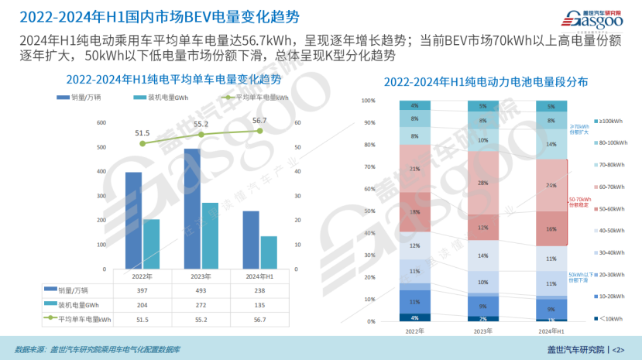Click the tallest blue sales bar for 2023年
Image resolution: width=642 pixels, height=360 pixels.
tap(192, 209)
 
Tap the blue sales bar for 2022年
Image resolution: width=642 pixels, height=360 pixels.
tap(133, 221)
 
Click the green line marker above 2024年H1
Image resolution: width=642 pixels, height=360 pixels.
tap(259, 131)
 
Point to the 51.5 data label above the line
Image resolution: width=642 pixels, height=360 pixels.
tap(142, 133)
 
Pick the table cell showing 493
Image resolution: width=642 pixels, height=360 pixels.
tap(201, 290)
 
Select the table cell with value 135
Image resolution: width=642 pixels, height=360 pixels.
tap(259, 304)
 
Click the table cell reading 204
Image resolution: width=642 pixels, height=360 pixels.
tap(141, 304)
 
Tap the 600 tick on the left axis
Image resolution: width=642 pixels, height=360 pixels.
tap(101, 123)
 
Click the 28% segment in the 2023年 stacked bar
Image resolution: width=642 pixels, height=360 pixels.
tap(482, 183)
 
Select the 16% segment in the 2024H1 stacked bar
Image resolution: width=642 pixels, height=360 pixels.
tap(551, 229)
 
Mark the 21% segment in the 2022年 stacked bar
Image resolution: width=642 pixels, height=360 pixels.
tap(415, 169)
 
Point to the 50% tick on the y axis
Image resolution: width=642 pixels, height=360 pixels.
tap(369, 211)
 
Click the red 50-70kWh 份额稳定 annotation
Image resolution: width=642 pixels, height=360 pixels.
tap(580, 201)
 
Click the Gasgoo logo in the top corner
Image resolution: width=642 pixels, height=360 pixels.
tap(599, 18)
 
